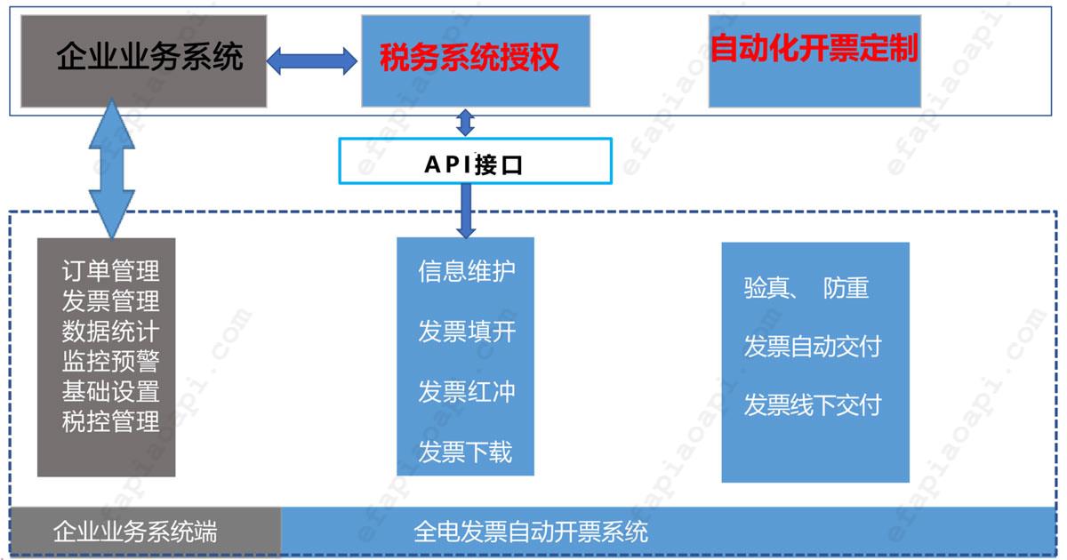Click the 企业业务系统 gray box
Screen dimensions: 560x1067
click(x=143, y=60)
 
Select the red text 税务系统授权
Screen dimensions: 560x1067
click(x=469, y=59)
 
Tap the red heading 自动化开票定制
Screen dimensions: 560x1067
click(x=813, y=48)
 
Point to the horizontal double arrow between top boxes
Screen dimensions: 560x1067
click(x=312, y=60)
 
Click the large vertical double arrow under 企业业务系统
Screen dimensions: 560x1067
click(x=112, y=169)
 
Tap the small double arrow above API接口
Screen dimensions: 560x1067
click(x=465, y=122)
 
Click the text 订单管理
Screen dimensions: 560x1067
click(x=110, y=269)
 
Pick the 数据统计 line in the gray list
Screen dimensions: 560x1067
click(x=110, y=331)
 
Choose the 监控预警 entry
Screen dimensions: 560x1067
click(x=110, y=361)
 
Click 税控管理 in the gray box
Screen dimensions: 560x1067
click(x=110, y=421)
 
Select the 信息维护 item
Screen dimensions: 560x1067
click(x=466, y=271)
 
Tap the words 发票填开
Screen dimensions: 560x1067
click(x=466, y=332)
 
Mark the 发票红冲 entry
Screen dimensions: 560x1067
click(x=466, y=392)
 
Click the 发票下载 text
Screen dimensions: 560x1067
click(x=466, y=452)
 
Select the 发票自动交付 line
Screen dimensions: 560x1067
click(x=812, y=347)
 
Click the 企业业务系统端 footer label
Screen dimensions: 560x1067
click(x=135, y=532)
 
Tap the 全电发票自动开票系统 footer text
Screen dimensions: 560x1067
click(x=531, y=532)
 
